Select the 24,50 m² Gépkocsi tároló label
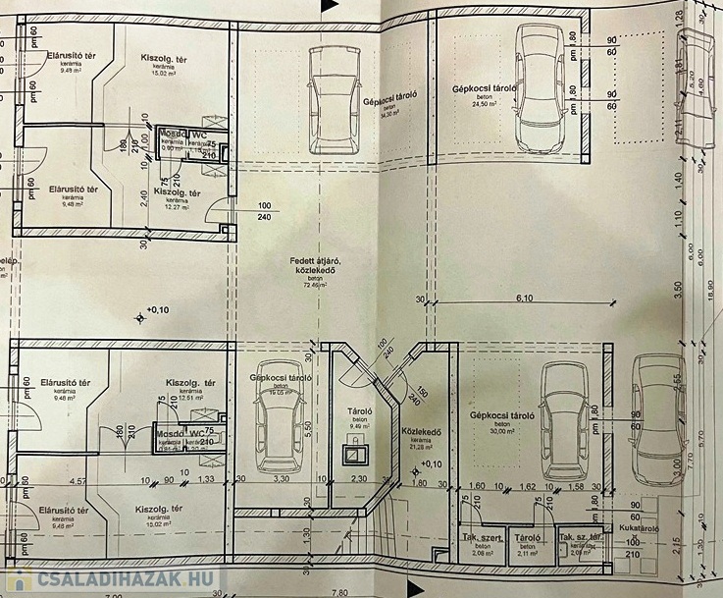(x=485, y=90)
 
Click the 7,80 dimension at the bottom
(x=339, y=591)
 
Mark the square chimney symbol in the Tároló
(x=351, y=455)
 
